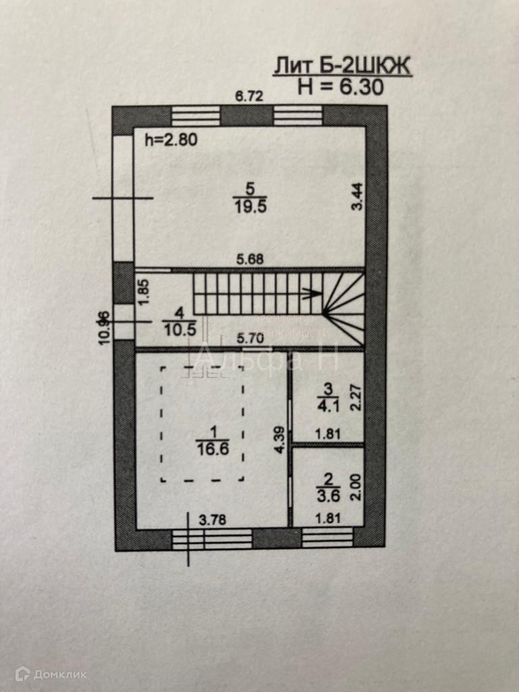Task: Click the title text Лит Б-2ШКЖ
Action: coord(341,66)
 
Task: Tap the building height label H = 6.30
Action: coord(341,86)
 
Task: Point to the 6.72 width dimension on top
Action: coord(248,97)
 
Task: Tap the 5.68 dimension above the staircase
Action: coord(249,258)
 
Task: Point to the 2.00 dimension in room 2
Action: coord(358,487)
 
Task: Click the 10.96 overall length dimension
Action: coord(103,327)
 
